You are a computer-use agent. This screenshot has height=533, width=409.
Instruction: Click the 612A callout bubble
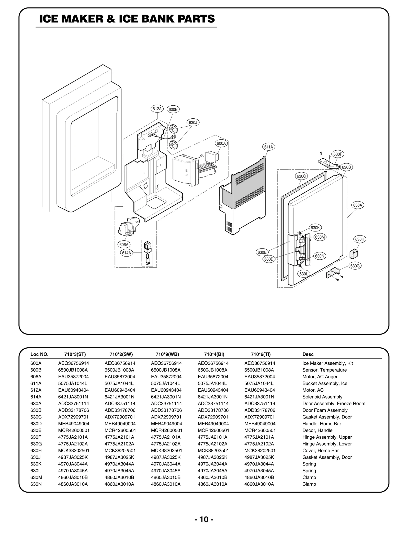(157, 109)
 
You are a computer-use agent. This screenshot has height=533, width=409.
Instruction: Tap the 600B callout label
(173, 109)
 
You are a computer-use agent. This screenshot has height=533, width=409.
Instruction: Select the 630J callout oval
(193, 123)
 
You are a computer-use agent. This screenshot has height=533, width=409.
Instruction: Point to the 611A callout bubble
(268, 147)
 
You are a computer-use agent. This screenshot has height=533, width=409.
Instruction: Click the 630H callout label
(359, 239)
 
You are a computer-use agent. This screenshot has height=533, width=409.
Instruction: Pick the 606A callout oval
(124, 245)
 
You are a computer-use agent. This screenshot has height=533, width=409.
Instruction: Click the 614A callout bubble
(126, 253)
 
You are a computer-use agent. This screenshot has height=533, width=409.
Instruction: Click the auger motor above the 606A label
(128, 226)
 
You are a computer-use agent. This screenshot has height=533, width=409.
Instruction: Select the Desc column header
(308, 354)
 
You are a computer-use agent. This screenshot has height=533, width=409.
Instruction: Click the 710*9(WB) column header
(167, 354)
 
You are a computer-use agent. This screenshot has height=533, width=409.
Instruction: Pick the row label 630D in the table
(36, 424)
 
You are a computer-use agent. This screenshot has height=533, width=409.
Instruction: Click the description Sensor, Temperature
(324, 370)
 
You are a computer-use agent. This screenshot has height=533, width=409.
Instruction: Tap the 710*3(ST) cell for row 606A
(73, 376)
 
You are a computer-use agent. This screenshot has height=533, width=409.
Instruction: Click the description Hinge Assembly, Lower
(327, 444)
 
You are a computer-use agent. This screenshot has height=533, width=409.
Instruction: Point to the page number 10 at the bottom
(204, 519)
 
